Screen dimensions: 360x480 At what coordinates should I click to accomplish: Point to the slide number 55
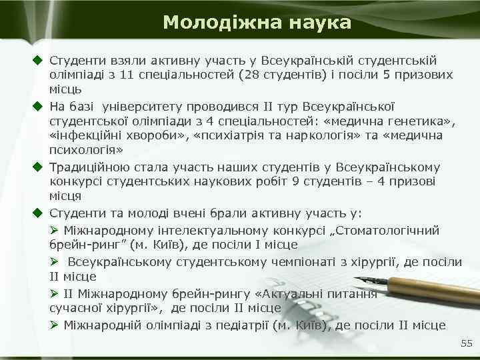click(x=466, y=343)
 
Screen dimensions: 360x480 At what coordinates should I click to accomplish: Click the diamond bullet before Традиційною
click(x=39, y=167)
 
